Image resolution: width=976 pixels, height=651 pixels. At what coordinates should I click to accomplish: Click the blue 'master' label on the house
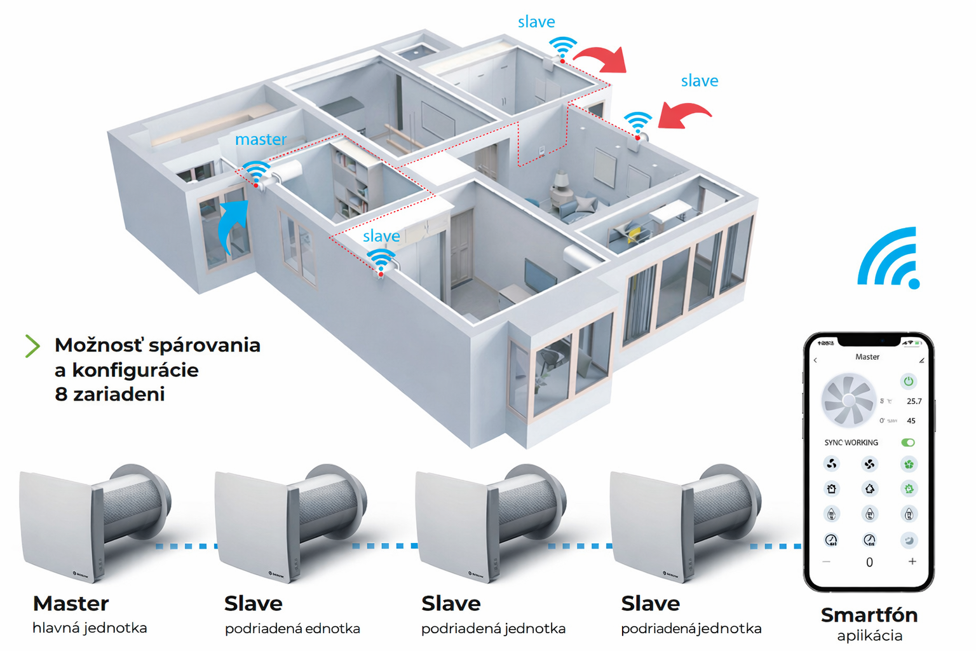coord(261,139)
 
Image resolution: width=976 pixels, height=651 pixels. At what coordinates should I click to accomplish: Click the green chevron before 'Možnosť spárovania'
coord(32,346)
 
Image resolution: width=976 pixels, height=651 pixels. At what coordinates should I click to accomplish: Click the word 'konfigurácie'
coord(135,370)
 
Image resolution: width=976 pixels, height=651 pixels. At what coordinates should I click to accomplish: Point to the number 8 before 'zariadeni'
coord(61,394)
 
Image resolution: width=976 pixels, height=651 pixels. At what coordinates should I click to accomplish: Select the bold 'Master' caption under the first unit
coord(71,603)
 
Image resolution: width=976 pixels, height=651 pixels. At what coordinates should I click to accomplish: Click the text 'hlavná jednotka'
coord(90,628)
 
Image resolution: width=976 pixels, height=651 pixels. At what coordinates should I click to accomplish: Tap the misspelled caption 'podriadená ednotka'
coord(292,629)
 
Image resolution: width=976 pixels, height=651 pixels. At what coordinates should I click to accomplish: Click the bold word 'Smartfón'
coord(869,615)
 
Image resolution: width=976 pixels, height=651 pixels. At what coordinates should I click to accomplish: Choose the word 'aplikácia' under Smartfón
coord(869,636)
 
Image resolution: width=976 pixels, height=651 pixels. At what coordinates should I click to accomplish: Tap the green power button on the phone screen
coord(908,381)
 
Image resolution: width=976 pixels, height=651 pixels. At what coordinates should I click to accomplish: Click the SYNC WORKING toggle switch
coord(908,442)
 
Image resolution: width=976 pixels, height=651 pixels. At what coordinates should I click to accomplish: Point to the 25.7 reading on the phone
coord(914,401)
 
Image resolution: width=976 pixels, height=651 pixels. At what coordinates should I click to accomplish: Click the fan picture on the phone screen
coord(849,401)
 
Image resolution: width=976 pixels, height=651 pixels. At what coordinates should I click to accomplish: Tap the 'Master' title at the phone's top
coord(867,357)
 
